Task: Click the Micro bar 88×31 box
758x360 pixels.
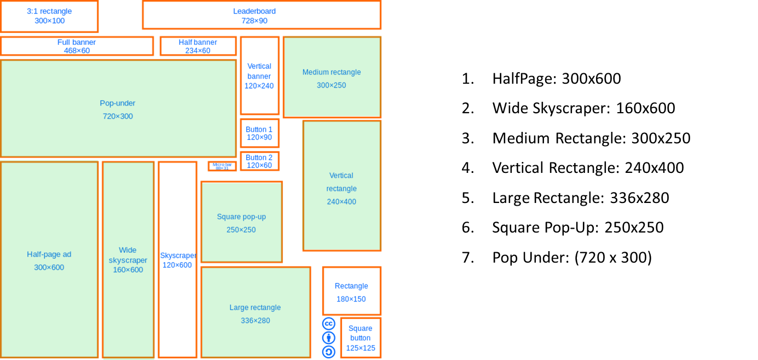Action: click(x=222, y=166)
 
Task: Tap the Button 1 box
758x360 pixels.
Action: click(x=259, y=133)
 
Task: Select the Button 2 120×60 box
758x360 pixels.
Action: click(x=259, y=161)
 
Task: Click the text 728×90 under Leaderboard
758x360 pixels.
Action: click(x=254, y=21)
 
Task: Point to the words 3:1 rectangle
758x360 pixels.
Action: click(x=49, y=11)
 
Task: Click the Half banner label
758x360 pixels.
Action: click(x=198, y=42)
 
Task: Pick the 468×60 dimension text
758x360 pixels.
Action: click(x=77, y=50)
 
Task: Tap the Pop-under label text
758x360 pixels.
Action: click(x=118, y=103)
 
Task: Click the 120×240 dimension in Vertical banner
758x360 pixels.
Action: click(x=259, y=86)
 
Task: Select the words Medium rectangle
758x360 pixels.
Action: click(x=332, y=72)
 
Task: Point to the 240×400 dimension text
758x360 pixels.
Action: click(x=342, y=202)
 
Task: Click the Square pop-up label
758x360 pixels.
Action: click(x=241, y=217)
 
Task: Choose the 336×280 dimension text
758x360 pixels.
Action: click(x=256, y=321)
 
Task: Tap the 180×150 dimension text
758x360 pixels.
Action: click(x=351, y=299)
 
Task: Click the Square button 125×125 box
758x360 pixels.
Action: click(x=361, y=338)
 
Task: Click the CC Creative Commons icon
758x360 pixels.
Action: click(x=328, y=323)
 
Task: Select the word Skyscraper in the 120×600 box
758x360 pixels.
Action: click(x=178, y=256)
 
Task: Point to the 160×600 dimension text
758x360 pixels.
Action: click(x=128, y=270)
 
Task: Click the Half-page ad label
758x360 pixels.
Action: click(x=49, y=254)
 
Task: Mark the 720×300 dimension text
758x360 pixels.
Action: click(x=118, y=117)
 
